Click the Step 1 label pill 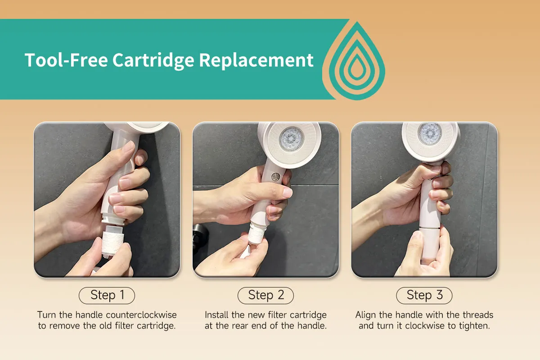click(107, 295)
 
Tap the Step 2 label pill click(265, 295)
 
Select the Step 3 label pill click(424, 295)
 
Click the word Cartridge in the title click(153, 60)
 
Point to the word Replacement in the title click(256, 60)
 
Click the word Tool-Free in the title click(66, 60)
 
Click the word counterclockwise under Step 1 click(141, 315)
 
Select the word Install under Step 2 click(216, 315)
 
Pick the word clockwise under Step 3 click(425, 326)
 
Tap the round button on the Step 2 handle click(275, 177)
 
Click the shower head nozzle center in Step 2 click(292, 139)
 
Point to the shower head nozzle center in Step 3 click(430, 133)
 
